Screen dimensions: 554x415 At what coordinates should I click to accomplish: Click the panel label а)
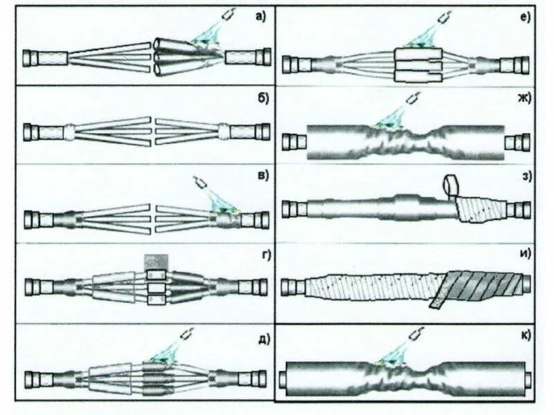[260, 17]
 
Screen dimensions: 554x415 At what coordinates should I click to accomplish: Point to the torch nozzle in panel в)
[201, 183]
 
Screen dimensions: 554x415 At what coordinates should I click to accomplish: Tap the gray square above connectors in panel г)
[156, 262]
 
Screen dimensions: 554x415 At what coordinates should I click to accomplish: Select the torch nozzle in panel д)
[188, 334]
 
